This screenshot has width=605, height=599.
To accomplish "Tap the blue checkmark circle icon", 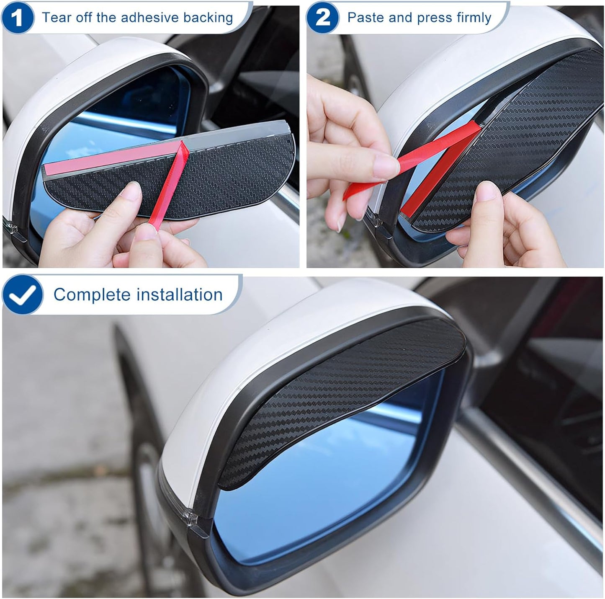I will pyautogui.click(x=23, y=294).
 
